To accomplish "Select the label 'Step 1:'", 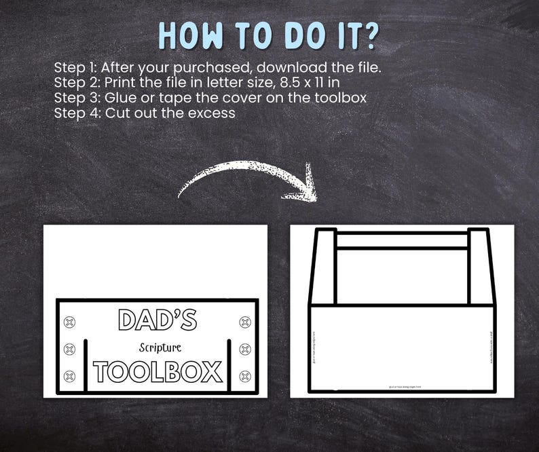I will coord(76,69).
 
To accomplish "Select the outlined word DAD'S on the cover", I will coord(157,320).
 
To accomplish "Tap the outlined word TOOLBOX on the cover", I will coord(157,372).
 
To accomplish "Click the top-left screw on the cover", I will coord(69,322).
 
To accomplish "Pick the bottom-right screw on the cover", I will coord(245,376).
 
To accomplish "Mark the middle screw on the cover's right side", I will coord(245,350).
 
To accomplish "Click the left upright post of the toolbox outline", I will coord(325,266).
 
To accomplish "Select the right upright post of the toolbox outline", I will coord(479,266).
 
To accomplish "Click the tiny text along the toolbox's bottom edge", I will coord(402,387).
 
